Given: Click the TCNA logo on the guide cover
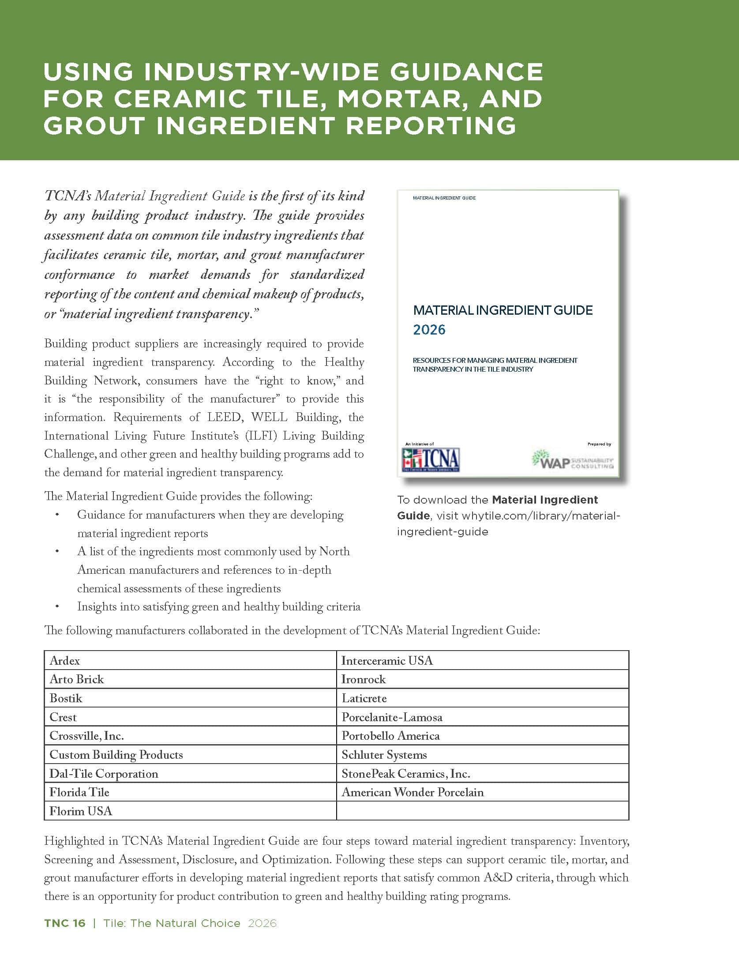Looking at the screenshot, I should tap(431, 459).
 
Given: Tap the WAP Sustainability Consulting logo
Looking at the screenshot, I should tap(573, 459).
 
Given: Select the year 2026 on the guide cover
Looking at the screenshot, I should tap(429, 330).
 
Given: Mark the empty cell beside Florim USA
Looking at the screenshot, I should tap(482, 811).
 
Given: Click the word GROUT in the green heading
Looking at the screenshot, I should tap(94, 126).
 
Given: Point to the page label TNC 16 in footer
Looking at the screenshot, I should tap(65, 923).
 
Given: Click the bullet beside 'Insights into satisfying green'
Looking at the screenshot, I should tap(56, 607).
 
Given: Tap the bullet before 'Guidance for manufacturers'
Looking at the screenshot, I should tap(56, 515).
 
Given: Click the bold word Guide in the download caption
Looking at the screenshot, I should tap(413, 516).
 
